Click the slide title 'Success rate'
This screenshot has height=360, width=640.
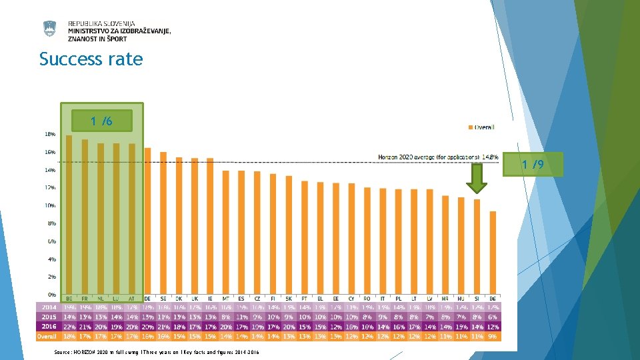click(x=91, y=59)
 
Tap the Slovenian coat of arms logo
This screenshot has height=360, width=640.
click(x=50, y=29)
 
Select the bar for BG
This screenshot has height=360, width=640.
click(x=493, y=253)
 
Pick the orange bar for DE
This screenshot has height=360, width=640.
click(x=148, y=221)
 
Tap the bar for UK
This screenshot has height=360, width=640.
click(x=195, y=226)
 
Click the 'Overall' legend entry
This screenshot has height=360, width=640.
click(x=482, y=127)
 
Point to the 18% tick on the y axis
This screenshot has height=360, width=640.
click(x=50, y=134)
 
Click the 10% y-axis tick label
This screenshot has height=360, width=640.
click(x=50, y=205)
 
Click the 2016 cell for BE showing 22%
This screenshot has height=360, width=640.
click(x=69, y=327)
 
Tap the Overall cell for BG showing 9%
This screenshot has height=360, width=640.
click(x=493, y=337)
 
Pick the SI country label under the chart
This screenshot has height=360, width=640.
click(x=477, y=298)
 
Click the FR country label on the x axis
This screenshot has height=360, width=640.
click(x=85, y=298)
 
